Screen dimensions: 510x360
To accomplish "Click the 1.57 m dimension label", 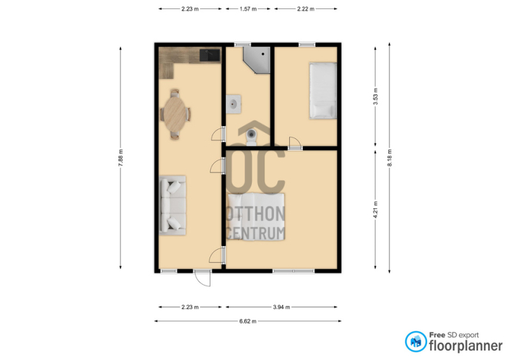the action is pyautogui.click(x=248, y=9).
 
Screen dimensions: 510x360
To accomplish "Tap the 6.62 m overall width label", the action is pyautogui.click(x=248, y=321).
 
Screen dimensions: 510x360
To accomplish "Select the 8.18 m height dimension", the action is pyautogui.click(x=390, y=158).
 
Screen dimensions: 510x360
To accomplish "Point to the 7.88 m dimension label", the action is pyautogui.click(x=120, y=158).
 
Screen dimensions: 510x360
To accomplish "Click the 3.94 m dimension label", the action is pyautogui.click(x=281, y=307).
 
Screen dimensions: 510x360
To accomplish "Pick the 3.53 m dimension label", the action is pyautogui.click(x=375, y=97).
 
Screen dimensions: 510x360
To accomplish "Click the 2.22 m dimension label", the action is pyautogui.click(x=306, y=9).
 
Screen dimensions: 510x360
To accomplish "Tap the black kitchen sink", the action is pyautogui.click(x=210, y=55).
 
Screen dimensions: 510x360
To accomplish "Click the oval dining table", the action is pyautogui.click(x=175, y=114).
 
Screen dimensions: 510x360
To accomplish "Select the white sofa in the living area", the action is pyautogui.click(x=172, y=205).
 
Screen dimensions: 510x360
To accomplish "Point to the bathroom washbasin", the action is pyautogui.click(x=233, y=104).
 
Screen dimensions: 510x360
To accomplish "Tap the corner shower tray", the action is pyautogui.click(x=259, y=59).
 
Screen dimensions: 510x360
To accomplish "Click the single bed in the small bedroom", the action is pyautogui.click(x=323, y=90).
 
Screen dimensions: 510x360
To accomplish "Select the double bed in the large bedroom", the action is pyautogui.click(x=256, y=217).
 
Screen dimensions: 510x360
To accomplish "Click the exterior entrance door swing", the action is pyautogui.click(x=202, y=278).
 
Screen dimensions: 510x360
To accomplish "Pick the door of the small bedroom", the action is pyautogui.click(x=295, y=143).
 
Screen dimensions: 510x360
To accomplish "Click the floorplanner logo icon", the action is pyautogui.click(x=416, y=342).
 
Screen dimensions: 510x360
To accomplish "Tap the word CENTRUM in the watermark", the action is pyautogui.click(x=256, y=233).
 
